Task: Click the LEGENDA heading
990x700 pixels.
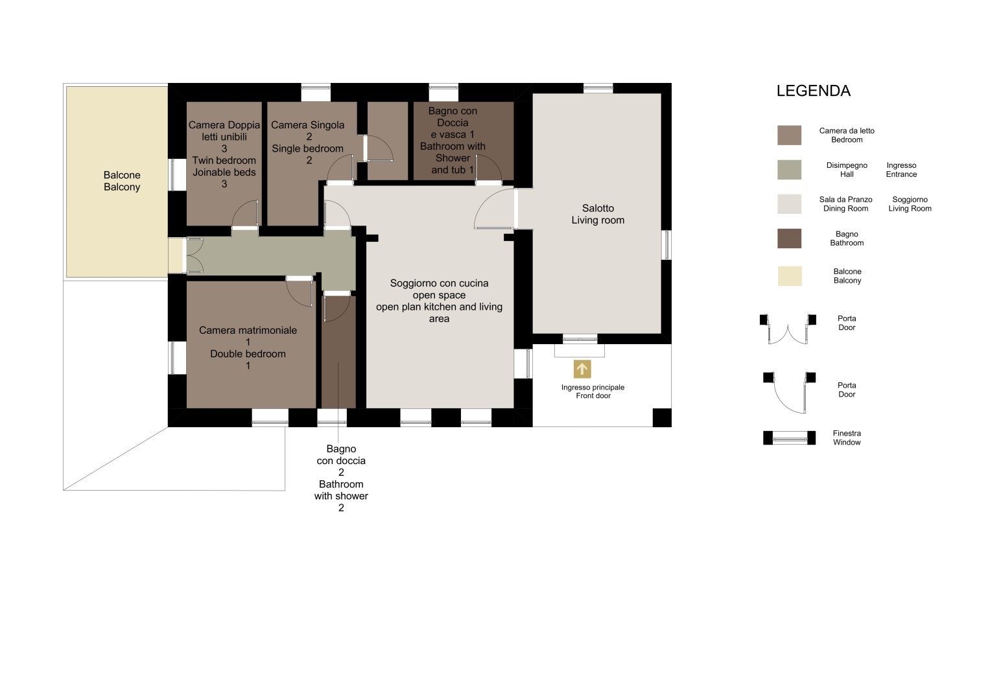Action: pyautogui.click(x=813, y=91)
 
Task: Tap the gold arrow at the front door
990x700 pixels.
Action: pyautogui.click(x=582, y=369)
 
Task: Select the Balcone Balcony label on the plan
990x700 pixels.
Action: pyautogui.click(x=122, y=181)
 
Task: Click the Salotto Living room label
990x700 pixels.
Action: pyautogui.click(x=598, y=214)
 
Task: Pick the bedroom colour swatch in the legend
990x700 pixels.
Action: pyautogui.click(x=790, y=135)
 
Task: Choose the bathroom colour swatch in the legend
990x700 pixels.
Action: pyautogui.click(x=790, y=239)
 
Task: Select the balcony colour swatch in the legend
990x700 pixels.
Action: pyautogui.click(x=790, y=276)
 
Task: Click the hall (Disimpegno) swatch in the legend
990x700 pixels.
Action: pyautogui.click(x=790, y=170)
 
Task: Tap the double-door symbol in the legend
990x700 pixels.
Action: pyautogui.click(x=788, y=329)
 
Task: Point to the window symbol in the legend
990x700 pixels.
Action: pyautogui.click(x=790, y=438)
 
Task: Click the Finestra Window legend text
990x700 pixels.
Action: pyautogui.click(x=847, y=437)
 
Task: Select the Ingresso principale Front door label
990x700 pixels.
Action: pyautogui.click(x=593, y=391)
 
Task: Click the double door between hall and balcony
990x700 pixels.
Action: pyautogui.click(x=194, y=255)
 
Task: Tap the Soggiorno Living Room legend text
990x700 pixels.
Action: pyautogui.click(x=910, y=204)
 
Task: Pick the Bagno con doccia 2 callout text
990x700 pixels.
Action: pyautogui.click(x=341, y=478)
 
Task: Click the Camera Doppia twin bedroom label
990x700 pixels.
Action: pyautogui.click(x=224, y=154)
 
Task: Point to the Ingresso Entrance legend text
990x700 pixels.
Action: pyautogui.click(x=901, y=170)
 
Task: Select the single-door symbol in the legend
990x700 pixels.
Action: pyautogui.click(x=789, y=393)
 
